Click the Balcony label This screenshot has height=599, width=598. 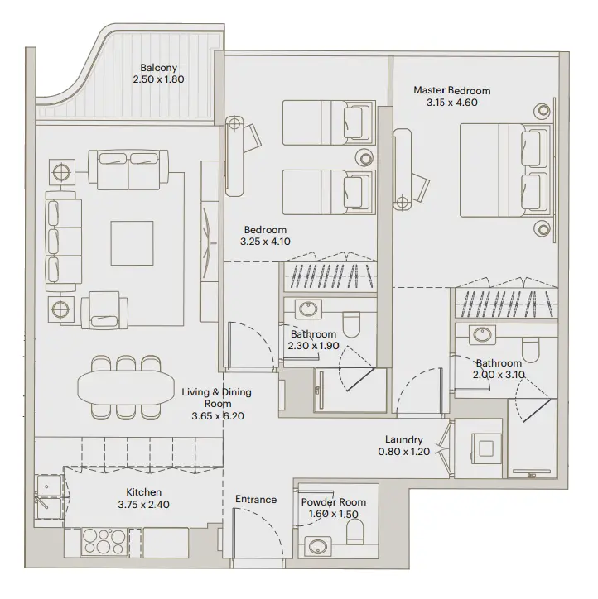(157, 68)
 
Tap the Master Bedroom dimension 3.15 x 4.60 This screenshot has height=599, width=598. (451, 103)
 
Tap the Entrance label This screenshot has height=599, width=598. (255, 500)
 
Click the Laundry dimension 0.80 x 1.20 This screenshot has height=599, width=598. (404, 453)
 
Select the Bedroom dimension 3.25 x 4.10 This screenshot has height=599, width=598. (265, 242)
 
